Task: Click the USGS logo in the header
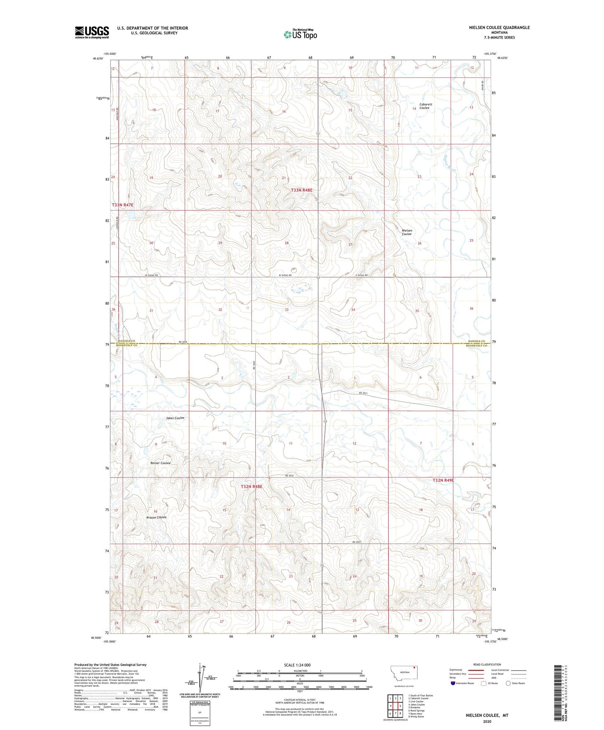92,32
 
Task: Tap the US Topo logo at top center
300,34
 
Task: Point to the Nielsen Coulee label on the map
407,232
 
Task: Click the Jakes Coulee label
175,418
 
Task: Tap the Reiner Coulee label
161,463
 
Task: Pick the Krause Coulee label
156,517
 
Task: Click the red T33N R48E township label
301,190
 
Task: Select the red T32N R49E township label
443,480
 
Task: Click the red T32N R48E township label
251,487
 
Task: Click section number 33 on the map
287,310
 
